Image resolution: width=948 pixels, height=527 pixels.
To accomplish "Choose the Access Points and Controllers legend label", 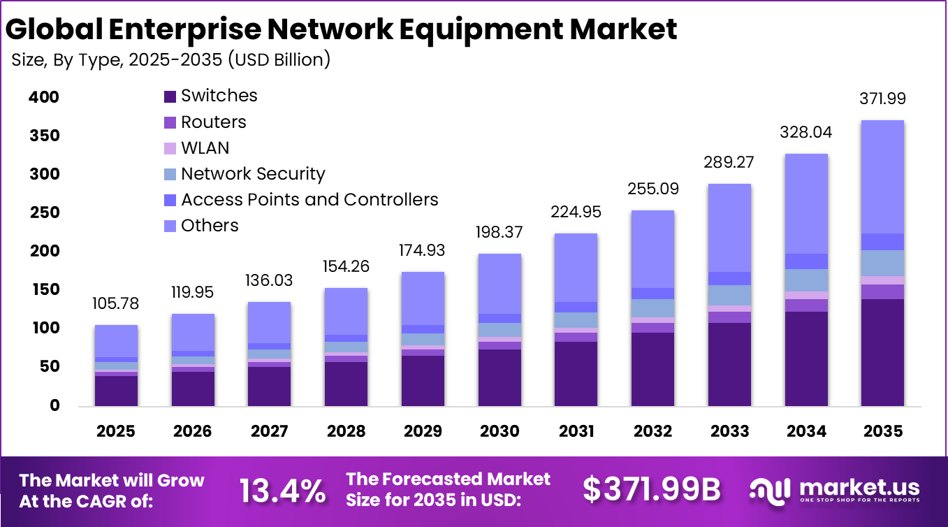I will coord(309,200).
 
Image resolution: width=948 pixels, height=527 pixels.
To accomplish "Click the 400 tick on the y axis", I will coord(43,97).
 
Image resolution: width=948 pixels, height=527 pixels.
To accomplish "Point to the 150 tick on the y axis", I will coord(43,290).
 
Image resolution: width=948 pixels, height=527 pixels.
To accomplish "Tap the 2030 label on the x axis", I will coord(499,431).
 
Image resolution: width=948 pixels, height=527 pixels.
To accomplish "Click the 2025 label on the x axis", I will coord(116,431).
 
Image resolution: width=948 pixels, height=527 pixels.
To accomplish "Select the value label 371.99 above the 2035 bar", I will coord(882,99).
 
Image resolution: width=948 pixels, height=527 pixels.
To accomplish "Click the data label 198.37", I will coord(499,232).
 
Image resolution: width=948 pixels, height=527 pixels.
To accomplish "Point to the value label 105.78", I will coord(116,304).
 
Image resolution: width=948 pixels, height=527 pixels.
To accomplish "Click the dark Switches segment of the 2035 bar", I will coord(882,352).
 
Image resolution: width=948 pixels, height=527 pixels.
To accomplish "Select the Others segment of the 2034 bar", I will coord(805,203).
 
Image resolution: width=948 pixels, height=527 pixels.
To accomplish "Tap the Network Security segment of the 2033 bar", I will coord(729,295).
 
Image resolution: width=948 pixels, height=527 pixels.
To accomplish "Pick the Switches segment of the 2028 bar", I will coord(347,384).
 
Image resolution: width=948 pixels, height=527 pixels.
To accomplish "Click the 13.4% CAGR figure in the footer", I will coord(282,490).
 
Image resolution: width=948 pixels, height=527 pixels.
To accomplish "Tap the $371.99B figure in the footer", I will coord(651,490).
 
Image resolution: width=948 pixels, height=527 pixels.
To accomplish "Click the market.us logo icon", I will coord(770,489).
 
